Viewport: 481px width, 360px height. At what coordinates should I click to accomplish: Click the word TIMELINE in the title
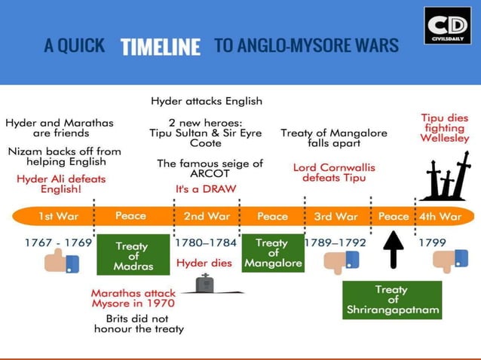pos(161,47)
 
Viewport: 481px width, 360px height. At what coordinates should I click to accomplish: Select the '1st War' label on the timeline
pos(58,216)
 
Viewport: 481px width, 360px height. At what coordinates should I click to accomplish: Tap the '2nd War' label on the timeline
pos(207,216)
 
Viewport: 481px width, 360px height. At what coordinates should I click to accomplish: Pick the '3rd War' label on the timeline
pos(335,216)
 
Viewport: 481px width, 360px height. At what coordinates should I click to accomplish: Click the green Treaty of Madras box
pos(132,256)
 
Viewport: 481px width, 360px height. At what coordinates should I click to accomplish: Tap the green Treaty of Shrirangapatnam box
pos(391,300)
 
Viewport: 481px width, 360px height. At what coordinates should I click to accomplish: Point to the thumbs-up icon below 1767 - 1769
pos(63,261)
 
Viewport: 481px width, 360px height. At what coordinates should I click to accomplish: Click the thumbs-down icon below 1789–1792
pos(342,261)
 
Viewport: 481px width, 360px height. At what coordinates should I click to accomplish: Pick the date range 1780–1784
pos(205,243)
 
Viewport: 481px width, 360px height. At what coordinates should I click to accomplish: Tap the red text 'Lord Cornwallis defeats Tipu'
pos(333,172)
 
